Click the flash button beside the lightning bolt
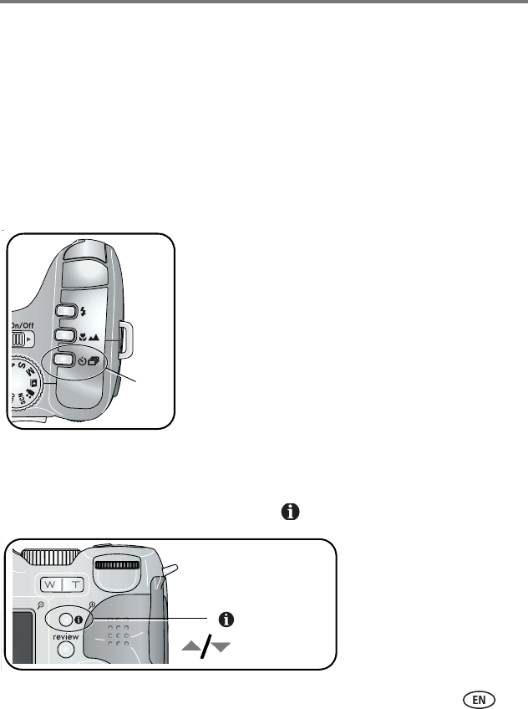[66, 312]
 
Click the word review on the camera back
[66, 635]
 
